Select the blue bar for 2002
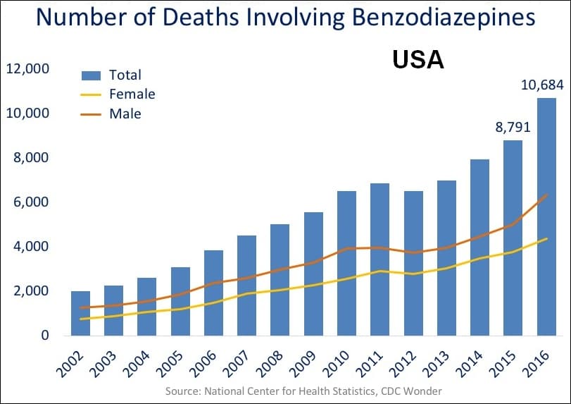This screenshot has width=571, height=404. (x=80, y=313)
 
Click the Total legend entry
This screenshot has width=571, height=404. (x=125, y=75)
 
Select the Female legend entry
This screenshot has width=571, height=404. (x=132, y=94)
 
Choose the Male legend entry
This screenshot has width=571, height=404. (x=125, y=113)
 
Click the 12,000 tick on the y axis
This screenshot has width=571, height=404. (x=27, y=69)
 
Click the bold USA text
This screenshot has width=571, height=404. (x=418, y=60)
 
